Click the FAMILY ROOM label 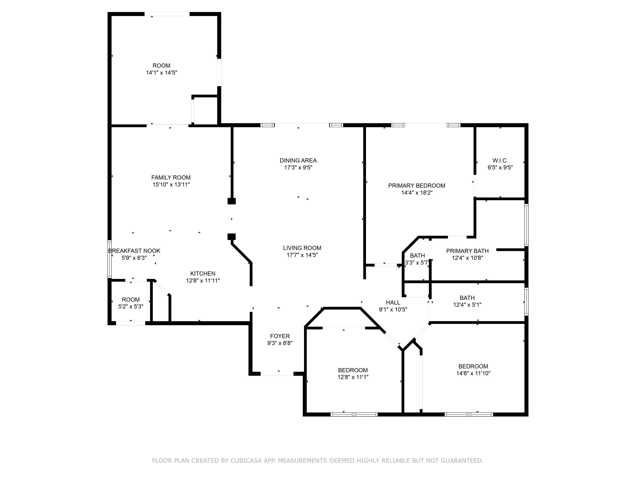pyautogui.click(x=171, y=177)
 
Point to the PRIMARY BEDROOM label pyautogui.click(x=417, y=185)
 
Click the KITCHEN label pyautogui.click(x=203, y=273)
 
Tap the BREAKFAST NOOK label pyautogui.click(x=134, y=251)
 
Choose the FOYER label pyautogui.click(x=280, y=336)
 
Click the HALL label pyautogui.click(x=393, y=302)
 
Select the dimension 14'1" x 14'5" pyautogui.click(x=161, y=73)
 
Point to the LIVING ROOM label pyautogui.click(x=302, y=248)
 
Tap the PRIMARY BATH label pyautogui.click(x=467, y=251)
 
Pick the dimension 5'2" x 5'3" pyautogui.click(x=131, y=307)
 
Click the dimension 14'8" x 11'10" pyautogui.click(x=473, y=373)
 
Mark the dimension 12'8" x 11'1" pyautogui.click(x=353, y=377)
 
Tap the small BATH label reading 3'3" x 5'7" pyautogui.click(x=417, y=255)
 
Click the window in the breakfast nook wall pyautogui.click(x=110, y=259)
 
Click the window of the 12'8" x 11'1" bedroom pyautogui.click(x=354, y=414)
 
